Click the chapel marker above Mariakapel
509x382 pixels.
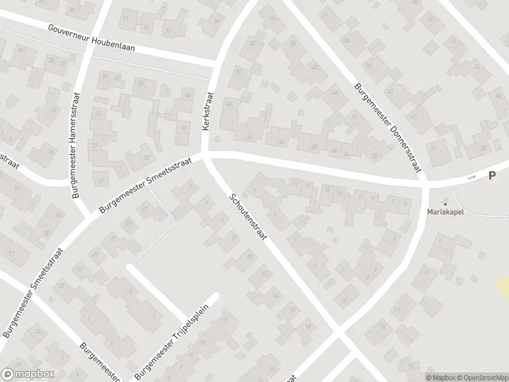pyautogui.click(x=445, y=203)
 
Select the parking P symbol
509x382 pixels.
pyautogui.click(x=492, y=176)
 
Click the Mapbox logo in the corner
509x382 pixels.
pyautogui.click(x=28, y=374)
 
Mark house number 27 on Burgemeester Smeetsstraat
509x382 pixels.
pyautogui.click(x=113, y=239)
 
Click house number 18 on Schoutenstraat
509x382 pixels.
pyautogui.click(x=307, y=326)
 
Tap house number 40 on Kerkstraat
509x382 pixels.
pyautogui.click(x=188, y=95)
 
